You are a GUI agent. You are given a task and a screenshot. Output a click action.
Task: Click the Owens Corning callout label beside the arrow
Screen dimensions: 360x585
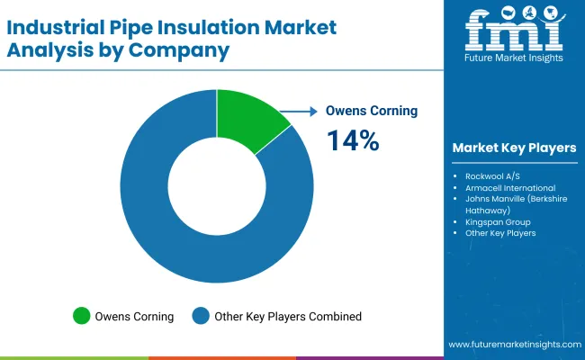(371, 112)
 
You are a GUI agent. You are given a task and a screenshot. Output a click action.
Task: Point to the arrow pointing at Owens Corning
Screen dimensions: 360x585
(300, 112)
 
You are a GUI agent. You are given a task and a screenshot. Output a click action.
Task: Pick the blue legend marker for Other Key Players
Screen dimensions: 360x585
(201, 316)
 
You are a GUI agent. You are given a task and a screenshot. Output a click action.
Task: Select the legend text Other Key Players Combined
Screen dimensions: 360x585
(288, 316)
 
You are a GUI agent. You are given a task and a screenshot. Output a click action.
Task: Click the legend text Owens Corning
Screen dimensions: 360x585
(135, 316)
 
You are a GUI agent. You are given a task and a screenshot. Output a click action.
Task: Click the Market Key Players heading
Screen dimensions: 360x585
(515, 148)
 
